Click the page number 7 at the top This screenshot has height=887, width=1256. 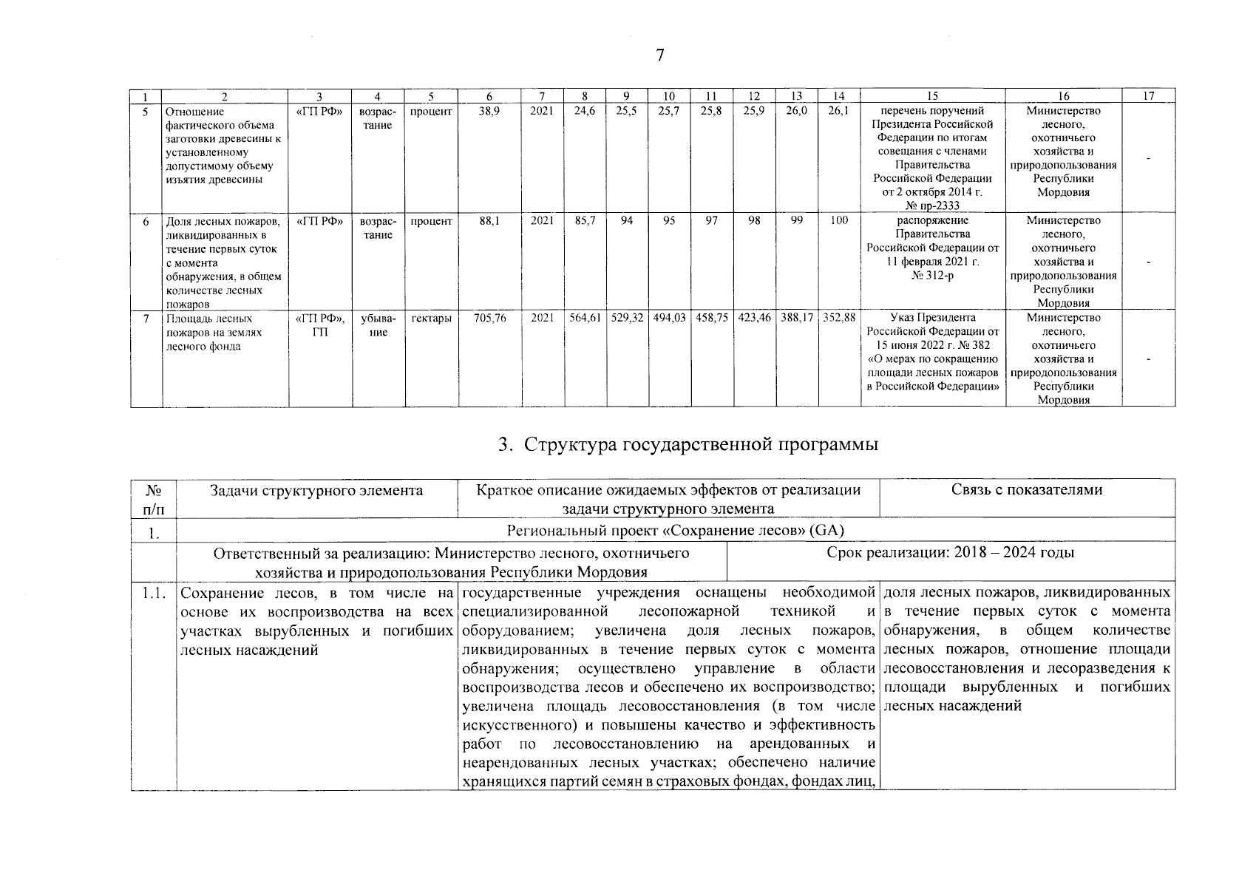point(660,55)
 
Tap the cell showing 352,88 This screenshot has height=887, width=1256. point(838,318)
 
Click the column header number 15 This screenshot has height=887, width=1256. point(932,96)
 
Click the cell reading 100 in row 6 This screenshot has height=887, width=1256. point(838,221)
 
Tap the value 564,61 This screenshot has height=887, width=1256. point(585,318)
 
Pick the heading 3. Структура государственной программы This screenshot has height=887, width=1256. point(688,445)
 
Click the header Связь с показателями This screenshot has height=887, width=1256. point(1027,490)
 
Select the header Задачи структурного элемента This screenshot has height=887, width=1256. point(316,490)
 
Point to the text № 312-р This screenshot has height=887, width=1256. point(932,276)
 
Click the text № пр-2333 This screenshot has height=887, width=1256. point(932,206)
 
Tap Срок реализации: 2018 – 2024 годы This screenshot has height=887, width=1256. point(951,553)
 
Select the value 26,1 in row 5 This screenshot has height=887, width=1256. point(838,111)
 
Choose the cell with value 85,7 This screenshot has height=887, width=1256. point(585,221)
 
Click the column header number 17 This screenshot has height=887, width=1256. point(1148,96)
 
